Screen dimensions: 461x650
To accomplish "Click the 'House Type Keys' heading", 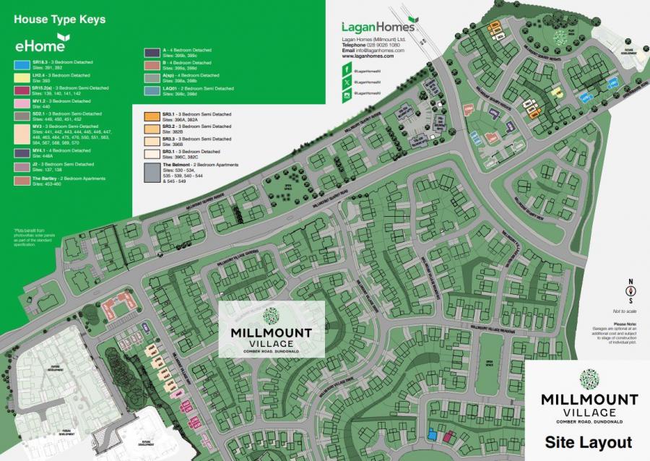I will point(59,20).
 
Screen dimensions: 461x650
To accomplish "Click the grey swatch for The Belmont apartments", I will point(151,172).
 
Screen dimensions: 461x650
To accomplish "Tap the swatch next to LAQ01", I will point(151,90).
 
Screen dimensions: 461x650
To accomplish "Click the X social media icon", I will point(347,84).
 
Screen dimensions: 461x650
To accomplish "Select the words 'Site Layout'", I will point(588,442).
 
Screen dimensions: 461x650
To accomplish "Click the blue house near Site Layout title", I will point(433,434).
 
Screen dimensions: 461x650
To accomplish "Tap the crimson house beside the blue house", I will point(448,435).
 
